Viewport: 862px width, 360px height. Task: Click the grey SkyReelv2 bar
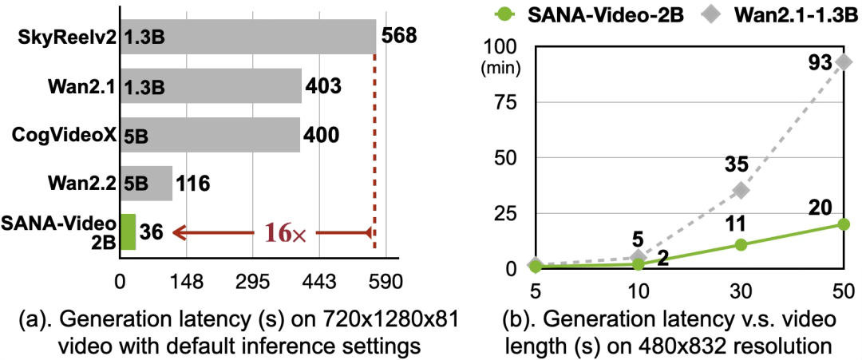[x=248, y=37]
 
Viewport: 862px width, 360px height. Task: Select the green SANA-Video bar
[x=128, y=232]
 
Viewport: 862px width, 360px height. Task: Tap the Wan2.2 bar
[x=146, y=184]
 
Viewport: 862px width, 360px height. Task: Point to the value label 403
[x=323, y=85]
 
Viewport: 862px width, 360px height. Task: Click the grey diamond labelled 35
[x=741, y=190]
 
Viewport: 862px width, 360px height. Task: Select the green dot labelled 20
[x=844, y=224]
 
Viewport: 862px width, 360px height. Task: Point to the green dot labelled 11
[x=741, y=244]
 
